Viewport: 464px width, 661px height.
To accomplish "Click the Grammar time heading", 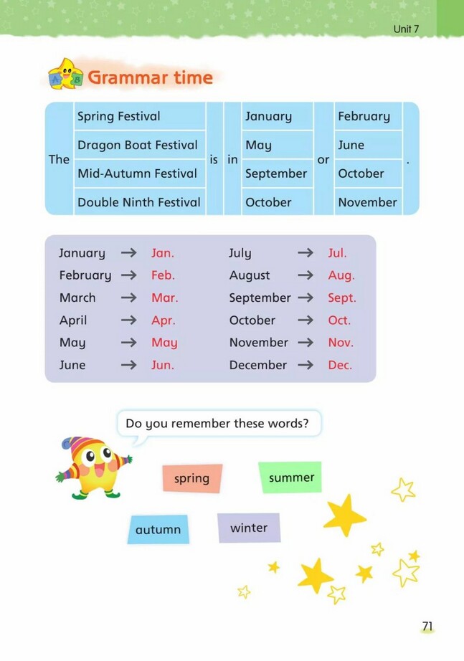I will click(x=150, y=77).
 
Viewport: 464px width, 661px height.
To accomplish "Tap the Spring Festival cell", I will click(x=119, y=116).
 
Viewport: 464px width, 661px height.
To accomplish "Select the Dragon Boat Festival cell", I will click(x=138, y=145).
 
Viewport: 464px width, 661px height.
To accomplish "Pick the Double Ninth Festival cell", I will click(x=139, y=202).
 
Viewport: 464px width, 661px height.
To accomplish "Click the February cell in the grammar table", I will click(x=364, y=116).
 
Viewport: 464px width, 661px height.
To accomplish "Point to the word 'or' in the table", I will click(x=323, y=159).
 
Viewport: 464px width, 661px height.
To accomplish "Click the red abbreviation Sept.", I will click(x=342, y=298).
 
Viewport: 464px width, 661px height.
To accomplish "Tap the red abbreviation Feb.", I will click(x=163, y=275).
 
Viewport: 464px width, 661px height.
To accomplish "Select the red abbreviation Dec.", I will click(x=340, y=365).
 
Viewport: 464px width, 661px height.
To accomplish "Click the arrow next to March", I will click(x=129, y=298).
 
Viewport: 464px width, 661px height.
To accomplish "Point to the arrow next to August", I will click(x=306, y=275).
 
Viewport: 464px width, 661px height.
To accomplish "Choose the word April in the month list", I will click(x=73, y=320).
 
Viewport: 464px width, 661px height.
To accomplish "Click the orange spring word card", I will click(x=191, y=478).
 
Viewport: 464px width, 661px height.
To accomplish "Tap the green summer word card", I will click(x=291, y=477).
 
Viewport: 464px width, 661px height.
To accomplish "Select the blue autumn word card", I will click(x=158, y=530).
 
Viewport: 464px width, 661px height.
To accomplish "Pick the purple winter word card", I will click(x=249, y=528).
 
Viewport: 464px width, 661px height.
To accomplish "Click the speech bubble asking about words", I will click(x=217, y=424).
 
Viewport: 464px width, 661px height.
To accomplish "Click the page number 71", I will click(x=427, y=627).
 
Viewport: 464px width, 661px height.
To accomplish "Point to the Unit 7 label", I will click(x=407, y=29).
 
